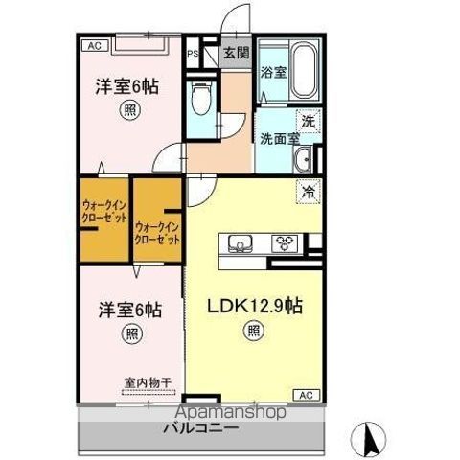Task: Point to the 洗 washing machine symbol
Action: (308, 122)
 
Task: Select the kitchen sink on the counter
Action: (241, 242)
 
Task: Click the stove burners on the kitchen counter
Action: (286, 242)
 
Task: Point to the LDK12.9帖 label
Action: (256, 307)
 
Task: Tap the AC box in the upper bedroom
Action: (94, 44)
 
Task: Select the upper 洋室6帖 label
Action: (126, 85)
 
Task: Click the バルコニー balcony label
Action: (200, 427)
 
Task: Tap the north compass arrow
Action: (369, 438)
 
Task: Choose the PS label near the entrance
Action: (193, 54)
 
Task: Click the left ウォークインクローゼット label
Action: (103, 212)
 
